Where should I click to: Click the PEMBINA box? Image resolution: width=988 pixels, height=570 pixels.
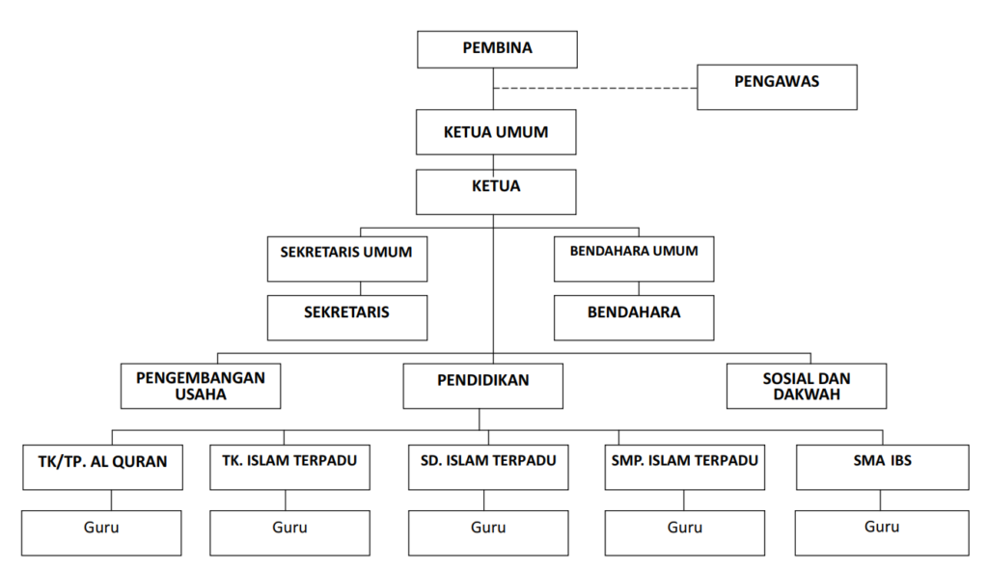[497, 49]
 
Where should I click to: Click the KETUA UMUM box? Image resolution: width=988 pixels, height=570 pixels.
[496, 132]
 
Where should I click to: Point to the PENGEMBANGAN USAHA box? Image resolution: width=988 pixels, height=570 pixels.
[201, 386]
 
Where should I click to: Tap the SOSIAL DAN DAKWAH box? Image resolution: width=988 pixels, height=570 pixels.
[806, 386]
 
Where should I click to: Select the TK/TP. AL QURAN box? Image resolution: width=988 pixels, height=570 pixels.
[102, 467]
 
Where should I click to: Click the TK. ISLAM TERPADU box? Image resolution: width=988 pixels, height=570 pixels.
[289, 467]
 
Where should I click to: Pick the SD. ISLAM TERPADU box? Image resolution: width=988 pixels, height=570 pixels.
[488, 467]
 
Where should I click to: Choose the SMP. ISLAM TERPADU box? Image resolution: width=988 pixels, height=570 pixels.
[685, 467]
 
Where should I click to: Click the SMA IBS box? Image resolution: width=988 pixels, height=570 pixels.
[882, 467]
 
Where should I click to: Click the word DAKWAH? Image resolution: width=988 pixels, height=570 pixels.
[806, 394]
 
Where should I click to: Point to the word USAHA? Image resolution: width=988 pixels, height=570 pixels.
[201, 394]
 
